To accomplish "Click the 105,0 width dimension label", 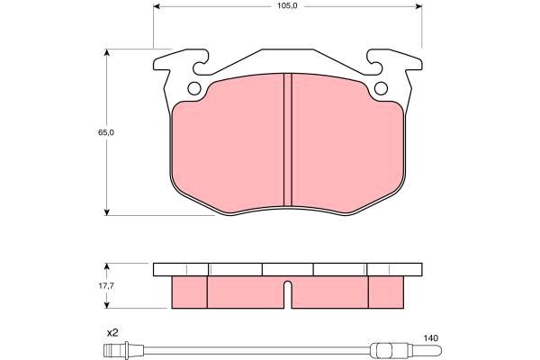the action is coord(288,6).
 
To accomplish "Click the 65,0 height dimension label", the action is coord(106,132).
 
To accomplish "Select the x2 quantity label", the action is coord(112,333).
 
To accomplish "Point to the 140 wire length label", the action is coord(431,338).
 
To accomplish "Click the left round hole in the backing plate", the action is coord(194,88).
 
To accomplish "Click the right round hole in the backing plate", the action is coord(381,88).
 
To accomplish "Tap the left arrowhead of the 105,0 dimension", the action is coord(157,6).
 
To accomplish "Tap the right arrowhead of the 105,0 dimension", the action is coord(418,6).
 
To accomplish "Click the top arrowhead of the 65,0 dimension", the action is coord(107,52).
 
